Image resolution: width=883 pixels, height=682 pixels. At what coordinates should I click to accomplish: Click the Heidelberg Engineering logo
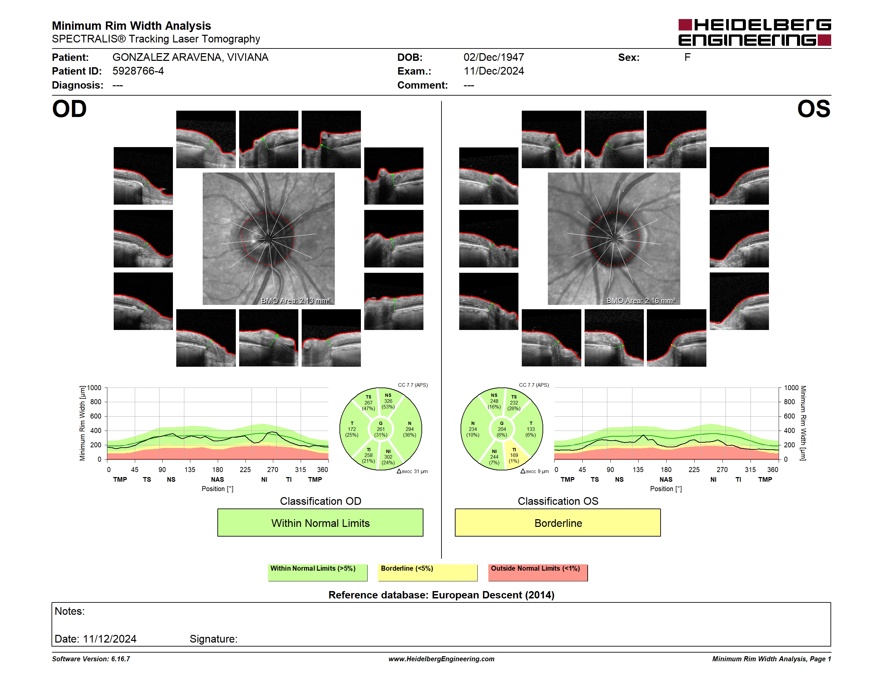pos(755,32)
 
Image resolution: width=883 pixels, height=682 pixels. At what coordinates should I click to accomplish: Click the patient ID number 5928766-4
pos(138,71)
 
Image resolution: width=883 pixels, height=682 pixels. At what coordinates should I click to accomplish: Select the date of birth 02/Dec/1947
pos(494,58)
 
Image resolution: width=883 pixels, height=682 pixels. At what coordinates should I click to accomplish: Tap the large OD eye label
pos(69,109)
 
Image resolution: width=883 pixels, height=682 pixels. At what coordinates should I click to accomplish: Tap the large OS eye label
pos(813,109)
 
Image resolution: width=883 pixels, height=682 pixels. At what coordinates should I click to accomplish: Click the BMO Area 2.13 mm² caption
pos(296,301)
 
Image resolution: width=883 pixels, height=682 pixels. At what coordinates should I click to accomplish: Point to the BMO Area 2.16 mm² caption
pos(641,301)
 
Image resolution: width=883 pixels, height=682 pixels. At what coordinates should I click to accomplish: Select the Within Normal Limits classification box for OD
pos(320,523)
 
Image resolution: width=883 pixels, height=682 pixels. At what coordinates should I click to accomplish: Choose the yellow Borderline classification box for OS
pos(558,523)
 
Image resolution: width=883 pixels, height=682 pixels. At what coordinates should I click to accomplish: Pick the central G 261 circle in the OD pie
pos(380,429)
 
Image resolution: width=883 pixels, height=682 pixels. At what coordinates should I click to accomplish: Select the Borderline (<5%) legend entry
pos(428,572)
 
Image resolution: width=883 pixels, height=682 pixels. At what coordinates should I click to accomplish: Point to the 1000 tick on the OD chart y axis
pos(94,388)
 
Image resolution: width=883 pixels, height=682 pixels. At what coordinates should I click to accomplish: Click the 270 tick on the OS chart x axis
pos(722,469)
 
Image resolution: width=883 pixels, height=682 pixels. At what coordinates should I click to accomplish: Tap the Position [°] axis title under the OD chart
pos(217,489)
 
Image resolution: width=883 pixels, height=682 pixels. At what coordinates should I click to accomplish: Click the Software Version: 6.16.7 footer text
pos(91,659)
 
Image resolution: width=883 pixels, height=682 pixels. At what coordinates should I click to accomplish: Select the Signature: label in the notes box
pos(213,639)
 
